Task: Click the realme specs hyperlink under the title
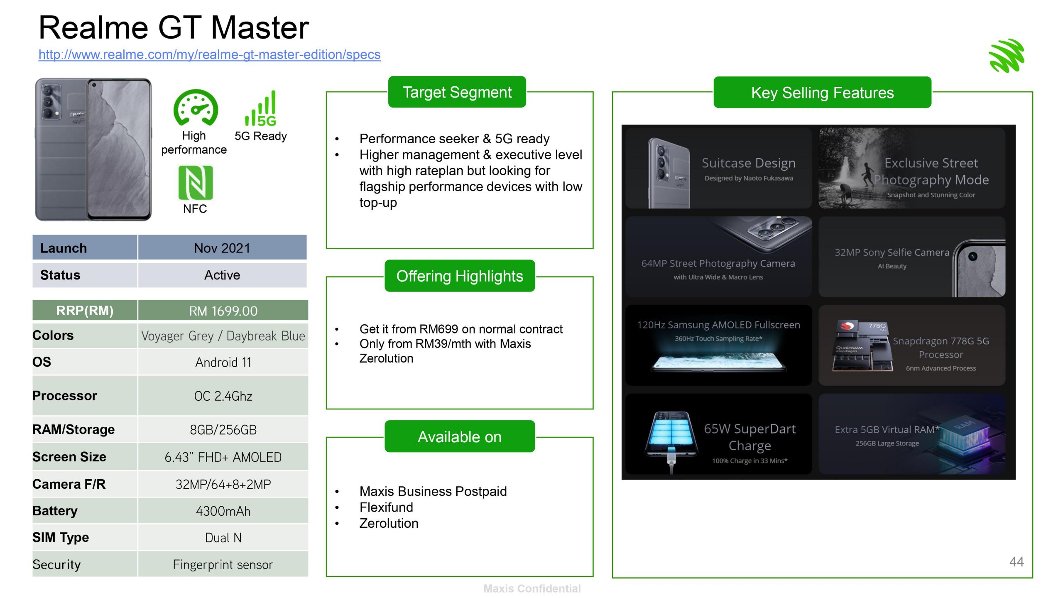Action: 209,54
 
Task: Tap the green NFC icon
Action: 195,183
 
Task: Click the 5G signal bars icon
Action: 261,109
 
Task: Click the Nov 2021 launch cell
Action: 222,248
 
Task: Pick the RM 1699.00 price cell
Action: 223,311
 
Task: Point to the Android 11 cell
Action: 223,362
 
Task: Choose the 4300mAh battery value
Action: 223,511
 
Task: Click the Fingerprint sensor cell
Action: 223,564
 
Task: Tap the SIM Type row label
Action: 61,537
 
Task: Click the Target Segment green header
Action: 457,92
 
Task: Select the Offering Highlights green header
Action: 459,276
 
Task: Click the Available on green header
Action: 459,437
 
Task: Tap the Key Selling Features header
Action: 822,93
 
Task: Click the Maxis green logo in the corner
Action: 1007,56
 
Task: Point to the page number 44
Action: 1016,562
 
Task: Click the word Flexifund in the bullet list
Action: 386,507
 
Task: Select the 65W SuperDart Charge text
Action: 749,437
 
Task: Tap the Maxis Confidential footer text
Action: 531,588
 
